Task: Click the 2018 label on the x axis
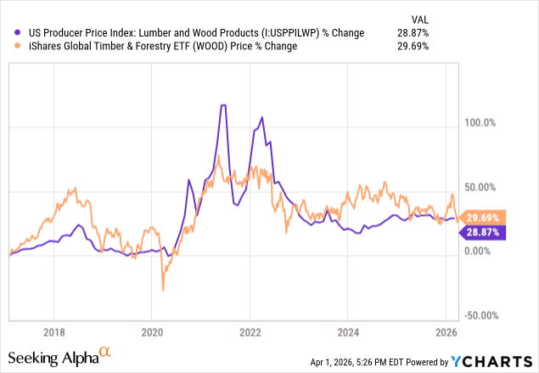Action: (x=53, y=331)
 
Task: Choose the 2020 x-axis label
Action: (x=151, y=331)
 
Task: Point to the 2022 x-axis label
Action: (x=250, y=331)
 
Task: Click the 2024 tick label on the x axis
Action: (x=348, y=331)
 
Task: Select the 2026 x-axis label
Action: (x=446, y=331)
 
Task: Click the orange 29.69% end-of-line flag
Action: (x=483, y=217)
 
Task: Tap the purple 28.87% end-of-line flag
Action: (x=483, y=231)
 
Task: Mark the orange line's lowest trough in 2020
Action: (x=162, y=291)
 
